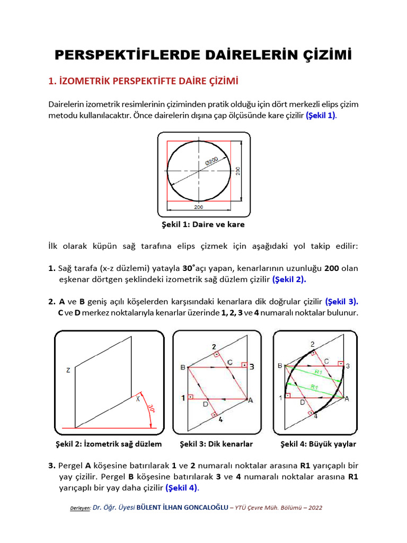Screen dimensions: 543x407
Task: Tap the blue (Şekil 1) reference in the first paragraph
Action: [321, 115]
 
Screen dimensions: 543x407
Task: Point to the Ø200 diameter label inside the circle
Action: [211, 161]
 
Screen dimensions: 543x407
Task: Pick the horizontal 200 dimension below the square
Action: [198, 207]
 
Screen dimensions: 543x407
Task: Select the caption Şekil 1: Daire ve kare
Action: [203, 224]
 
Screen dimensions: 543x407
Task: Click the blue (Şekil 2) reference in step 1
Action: [289, 279]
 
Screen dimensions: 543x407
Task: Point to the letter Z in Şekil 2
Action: [68, 371]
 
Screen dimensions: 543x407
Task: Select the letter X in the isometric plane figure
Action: [138, 399]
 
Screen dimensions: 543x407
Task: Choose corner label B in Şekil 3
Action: [182, 367]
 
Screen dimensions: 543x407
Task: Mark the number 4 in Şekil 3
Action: [221, 419]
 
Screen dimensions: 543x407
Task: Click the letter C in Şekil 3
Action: [229, 362]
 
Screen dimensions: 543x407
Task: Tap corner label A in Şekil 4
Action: [347, 399]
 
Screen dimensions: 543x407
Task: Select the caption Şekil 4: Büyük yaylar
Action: [317, 444]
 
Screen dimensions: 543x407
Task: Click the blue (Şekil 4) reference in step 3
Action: [181, 487]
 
